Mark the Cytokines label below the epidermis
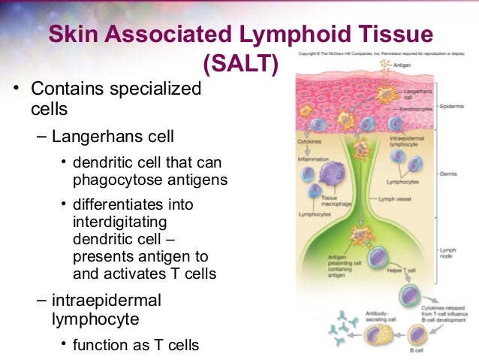[x=309, y=141]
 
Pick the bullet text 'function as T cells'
[x=136, y=345]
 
